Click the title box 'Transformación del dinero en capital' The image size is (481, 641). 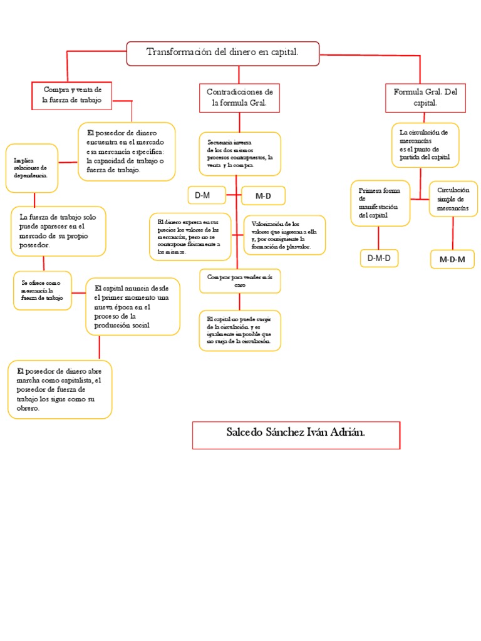pyautogui.click(x=223, y=53)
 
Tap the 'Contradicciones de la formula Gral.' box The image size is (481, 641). pyautogui.click(x=239, y=97)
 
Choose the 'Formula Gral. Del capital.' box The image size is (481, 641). pyautogui.click(x=425, y=97)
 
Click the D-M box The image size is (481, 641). pyautogui.click(x=206, y=196)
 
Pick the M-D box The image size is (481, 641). pyautogui.click(x=263, y=196)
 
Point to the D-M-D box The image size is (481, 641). pyautogui.click(x=379, y=258)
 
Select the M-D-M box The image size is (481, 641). pyautogui.click(x=452, y=259)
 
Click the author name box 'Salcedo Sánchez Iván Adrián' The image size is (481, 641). pyautogui.click(x=296, y=434)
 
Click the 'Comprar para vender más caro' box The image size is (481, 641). pyautogui.click(x=240, y=280)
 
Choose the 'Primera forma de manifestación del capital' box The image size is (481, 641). pyautogui.click(x=380, y=203)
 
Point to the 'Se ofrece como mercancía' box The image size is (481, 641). pyautogui.click(x=43, y=290)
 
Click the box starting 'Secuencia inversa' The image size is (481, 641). pyautogui.click(x=240, y=153)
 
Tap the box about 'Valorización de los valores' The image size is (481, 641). pyautogui.click(x=284, y=235)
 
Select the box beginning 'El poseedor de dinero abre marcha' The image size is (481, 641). pyautogui.click(x=60, y=389)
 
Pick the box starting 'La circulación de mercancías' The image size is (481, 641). pyautogui.click(x=425, y=145)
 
